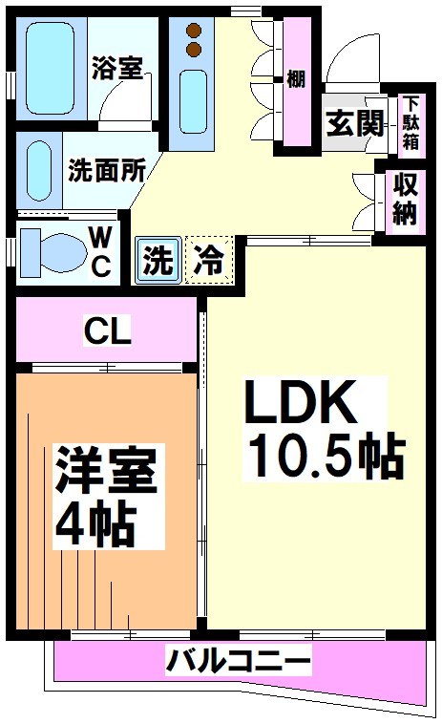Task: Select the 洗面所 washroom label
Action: (106, 169)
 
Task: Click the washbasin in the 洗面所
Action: (39, 171)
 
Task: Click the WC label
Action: (99, 250)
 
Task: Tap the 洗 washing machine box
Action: (158, 260)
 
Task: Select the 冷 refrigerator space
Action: (208, 260)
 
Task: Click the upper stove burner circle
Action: (194, 31)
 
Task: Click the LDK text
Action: (302, 403)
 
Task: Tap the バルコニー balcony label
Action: (238, 659)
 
